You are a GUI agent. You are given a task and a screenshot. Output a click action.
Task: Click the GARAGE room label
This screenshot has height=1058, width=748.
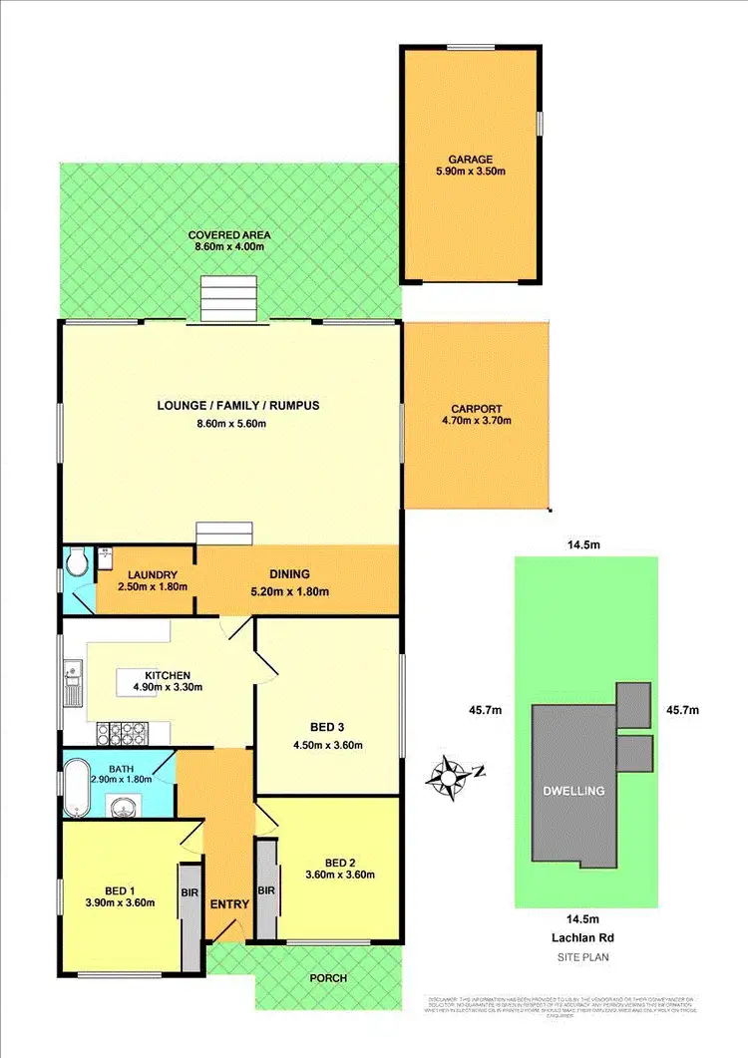coord(469,157)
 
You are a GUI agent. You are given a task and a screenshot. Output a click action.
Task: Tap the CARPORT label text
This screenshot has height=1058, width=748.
coord(476,408)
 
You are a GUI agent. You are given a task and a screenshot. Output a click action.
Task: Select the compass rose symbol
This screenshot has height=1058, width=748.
coord(451,774)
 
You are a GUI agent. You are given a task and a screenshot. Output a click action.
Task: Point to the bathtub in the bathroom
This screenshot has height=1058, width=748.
coord(77,774)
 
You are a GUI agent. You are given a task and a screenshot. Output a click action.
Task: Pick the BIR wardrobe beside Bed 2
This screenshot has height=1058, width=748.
coord(266,889)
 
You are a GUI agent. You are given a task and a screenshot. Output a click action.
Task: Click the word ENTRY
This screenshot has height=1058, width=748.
coord(229,904)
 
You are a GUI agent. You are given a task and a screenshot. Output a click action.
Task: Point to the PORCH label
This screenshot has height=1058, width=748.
coord(328,978)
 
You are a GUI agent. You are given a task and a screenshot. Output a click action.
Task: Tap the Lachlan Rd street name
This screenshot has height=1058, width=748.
coord(586,938)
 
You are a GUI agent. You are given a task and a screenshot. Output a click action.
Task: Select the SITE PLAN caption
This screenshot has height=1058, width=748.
coord(586,957)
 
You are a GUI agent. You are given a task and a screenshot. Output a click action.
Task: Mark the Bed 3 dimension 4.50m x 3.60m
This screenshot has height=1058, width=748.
coord(328,745)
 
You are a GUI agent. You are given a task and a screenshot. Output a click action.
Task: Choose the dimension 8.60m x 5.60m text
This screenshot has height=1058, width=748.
coord(229,424)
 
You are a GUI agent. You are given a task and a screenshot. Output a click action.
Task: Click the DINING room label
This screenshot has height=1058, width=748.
coord(289,574)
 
